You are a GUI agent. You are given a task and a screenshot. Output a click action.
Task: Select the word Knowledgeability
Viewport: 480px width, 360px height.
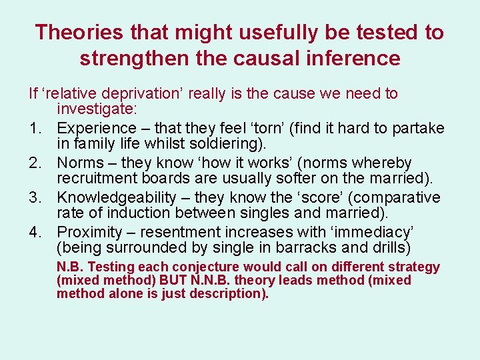point(117,197)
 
